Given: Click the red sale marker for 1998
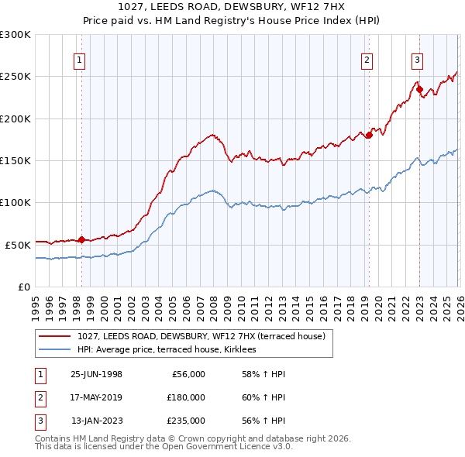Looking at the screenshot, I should [x=82, y=239].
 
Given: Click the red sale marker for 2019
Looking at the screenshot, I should [x=369, y=136].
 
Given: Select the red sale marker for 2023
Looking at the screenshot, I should [x=419, y=89].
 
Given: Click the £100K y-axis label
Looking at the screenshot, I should [x=15, y=202].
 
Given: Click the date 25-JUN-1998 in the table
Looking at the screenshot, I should [x=96, y=374].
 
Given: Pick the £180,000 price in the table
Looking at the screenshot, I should [x=186, y=397].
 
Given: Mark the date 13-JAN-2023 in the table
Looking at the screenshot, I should [x=97, y=421].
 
